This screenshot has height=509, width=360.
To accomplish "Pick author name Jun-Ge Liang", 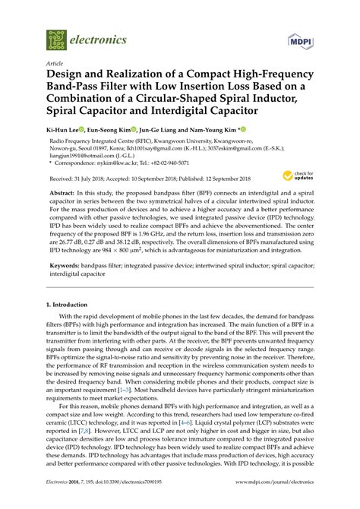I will pyautogui.click(x=170, y=131).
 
